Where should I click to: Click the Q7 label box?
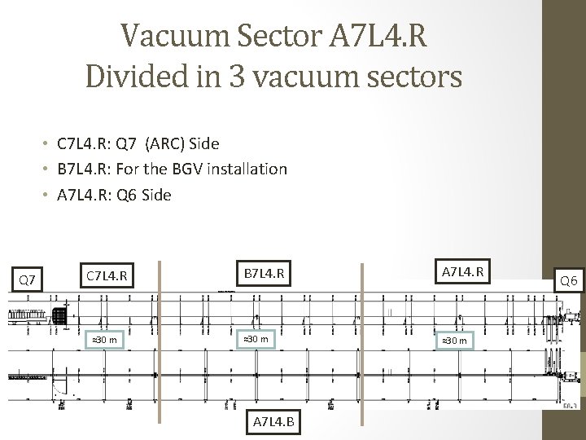[27, 280]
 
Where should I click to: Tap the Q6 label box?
[566, 280]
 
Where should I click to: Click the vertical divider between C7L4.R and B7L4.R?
[160, 342]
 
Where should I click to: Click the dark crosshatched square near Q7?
[59, 316]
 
